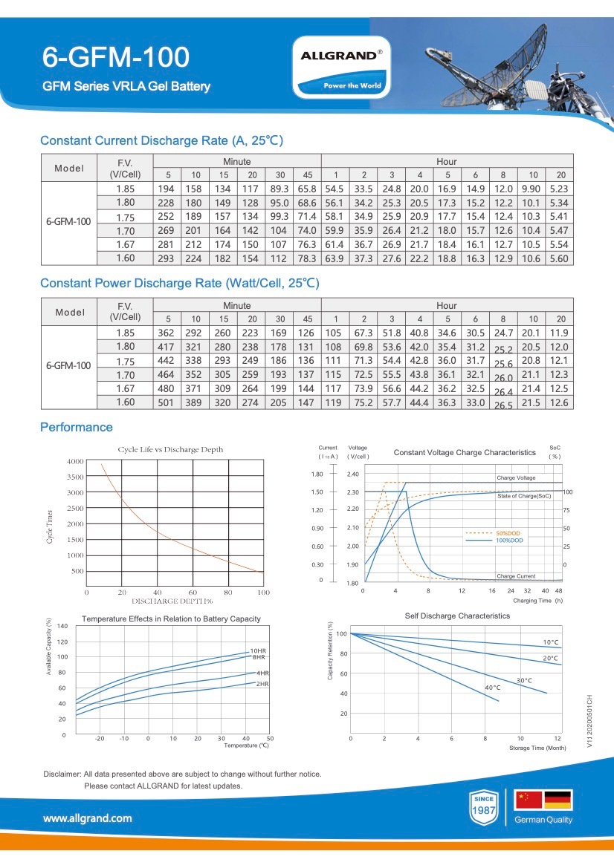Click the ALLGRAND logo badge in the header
point(341,67)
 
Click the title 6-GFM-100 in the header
point(116,57)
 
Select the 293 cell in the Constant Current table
point(166,258)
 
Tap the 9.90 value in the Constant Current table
point(531,189)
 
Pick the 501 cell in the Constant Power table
point(166,402)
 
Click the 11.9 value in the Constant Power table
point(558,333)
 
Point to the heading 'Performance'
point(77,428)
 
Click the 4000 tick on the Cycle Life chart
point(75,461)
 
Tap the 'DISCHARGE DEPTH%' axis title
point(172,601)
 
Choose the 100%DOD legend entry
point(509,541)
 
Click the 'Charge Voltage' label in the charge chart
point(516,477)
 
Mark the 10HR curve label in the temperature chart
point(258,651)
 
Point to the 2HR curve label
point(262,684)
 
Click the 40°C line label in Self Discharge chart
point(493,688)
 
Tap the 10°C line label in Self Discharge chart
point(551,643)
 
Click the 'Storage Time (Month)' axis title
point(537,748)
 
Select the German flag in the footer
point(558,800)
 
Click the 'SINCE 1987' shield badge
point(484,807)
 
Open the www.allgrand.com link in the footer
point(88,818)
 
